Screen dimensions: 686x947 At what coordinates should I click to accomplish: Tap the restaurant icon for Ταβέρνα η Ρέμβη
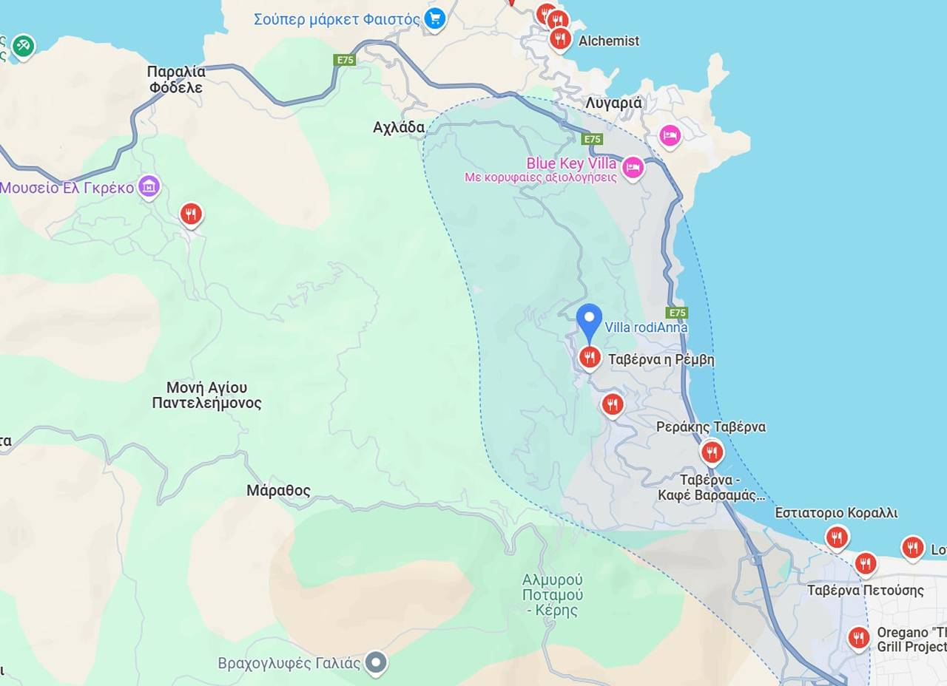(589, 358)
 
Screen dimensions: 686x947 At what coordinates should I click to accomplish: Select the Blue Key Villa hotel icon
(633, 168)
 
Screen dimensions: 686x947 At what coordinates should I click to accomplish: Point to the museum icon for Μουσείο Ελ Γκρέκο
(149, 187)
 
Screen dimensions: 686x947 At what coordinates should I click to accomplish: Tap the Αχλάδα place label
(399, 128)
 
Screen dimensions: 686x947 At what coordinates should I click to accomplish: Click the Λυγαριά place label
(613, 103)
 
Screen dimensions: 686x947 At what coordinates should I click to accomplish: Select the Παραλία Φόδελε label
(176, 80)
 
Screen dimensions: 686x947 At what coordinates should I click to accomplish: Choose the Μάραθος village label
(278, 491)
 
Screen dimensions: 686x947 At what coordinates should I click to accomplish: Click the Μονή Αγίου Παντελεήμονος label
(206, 395)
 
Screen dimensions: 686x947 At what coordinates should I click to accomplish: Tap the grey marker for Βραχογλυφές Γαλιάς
(377, 662)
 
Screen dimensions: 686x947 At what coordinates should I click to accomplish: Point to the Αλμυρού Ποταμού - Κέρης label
(552, 594)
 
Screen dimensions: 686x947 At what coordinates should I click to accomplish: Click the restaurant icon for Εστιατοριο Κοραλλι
(837, 537)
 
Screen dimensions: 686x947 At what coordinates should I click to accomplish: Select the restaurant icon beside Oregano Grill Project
(858, 637)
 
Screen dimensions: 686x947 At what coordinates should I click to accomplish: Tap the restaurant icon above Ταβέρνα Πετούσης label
(865, 564)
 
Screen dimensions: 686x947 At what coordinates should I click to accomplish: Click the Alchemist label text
(608, 41)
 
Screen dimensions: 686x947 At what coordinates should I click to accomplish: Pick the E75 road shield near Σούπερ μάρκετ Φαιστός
(345, 60)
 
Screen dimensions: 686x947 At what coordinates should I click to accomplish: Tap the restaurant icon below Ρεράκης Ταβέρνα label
(712, 451)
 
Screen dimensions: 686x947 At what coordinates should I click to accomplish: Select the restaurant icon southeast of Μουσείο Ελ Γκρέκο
(191, 214)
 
